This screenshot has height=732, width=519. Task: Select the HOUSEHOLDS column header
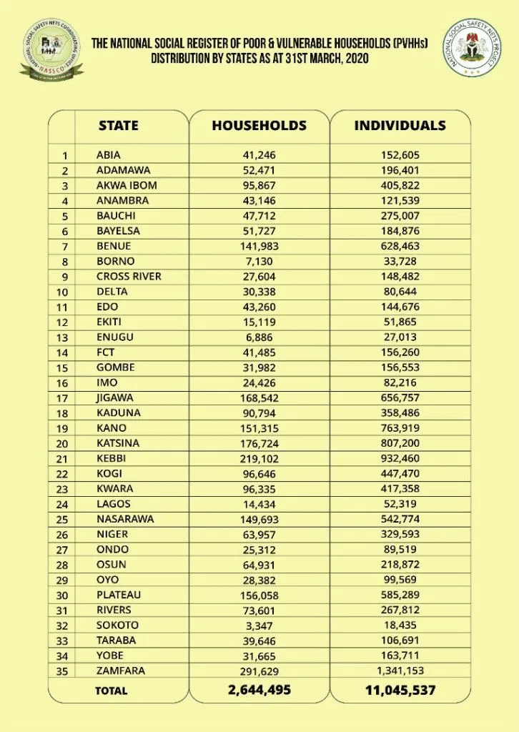coord(259,125)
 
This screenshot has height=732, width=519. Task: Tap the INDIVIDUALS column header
coord(400,125)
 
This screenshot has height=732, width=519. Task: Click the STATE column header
coord(118,125)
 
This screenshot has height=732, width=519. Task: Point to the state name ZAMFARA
coord(119,671)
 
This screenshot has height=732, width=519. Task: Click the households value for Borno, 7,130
coord(259,261)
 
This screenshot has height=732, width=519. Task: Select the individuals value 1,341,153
coord(400,671)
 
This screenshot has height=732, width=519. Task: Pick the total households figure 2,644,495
coord(259,690)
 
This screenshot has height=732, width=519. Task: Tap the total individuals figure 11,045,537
coord(400,690)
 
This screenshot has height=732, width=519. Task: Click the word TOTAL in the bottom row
coord(112,691)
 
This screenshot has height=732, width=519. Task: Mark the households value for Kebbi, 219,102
coord(259,458)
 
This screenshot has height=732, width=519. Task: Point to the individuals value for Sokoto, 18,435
coord(400,625)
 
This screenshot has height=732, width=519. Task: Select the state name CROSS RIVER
coord(129,276)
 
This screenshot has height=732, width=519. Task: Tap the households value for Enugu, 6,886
coord(259,337)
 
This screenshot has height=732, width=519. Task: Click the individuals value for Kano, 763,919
coord(400,428)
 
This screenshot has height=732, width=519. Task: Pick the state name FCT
coord(105,352)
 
